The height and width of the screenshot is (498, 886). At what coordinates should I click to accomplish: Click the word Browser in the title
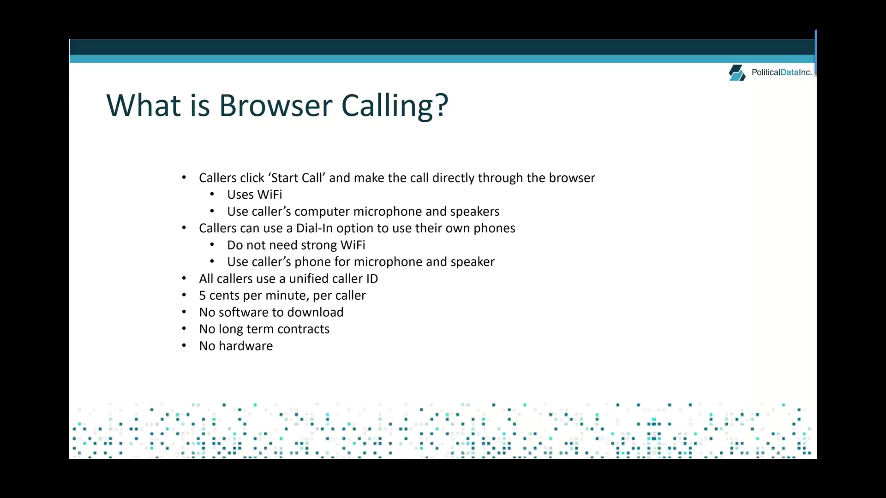tap(275, 106)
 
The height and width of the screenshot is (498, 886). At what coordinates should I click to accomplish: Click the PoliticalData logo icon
tap(737, 73)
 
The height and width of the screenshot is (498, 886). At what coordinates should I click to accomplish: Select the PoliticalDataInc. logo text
tap(781, 72)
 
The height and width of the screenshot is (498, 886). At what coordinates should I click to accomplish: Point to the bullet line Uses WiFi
tap(254, 195)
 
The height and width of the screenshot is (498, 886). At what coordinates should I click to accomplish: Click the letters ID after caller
tap(372, 279)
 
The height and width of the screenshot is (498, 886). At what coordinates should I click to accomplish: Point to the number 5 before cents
tap(202, 296)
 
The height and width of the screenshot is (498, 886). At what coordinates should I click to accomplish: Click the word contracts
tap(303, 329)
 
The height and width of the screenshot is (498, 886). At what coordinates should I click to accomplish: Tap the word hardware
tap(245, 346)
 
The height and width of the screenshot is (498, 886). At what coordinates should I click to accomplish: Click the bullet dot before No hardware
tap(184, 345)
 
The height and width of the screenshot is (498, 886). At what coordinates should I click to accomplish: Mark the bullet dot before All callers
tap(184, 278)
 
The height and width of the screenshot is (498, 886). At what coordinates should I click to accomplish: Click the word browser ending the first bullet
tap(572, 178)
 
